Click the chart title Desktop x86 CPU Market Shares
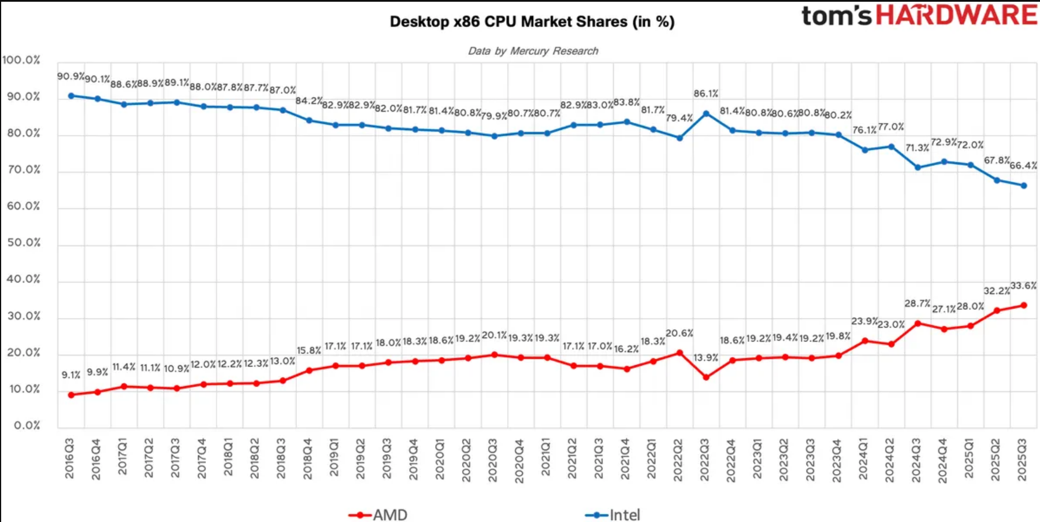(x=532, y=22)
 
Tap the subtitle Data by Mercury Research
(x=533, y=51)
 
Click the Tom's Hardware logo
(x=919, y=16)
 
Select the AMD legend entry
(x=378, y=514)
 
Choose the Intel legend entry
(x=613, y=514)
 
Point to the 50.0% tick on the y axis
(x=24, y=243)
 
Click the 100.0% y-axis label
(x=21, y=60)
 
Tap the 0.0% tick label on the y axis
(x=27, y=425)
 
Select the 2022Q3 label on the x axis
(x=705, y=460)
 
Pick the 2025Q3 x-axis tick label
(x=1022, y=460)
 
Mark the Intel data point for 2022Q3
(x=706, y=114)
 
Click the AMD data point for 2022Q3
(x=706, y=377)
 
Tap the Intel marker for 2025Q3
(x=1024, y=186)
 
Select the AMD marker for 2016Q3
(x=71, y=395)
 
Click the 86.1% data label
(x=706, y=94)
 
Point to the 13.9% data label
(x=706, y=358)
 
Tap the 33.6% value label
(x=1023, y=286)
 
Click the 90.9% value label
(x=70, y=77)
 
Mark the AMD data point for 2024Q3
(x=918, y=323)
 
